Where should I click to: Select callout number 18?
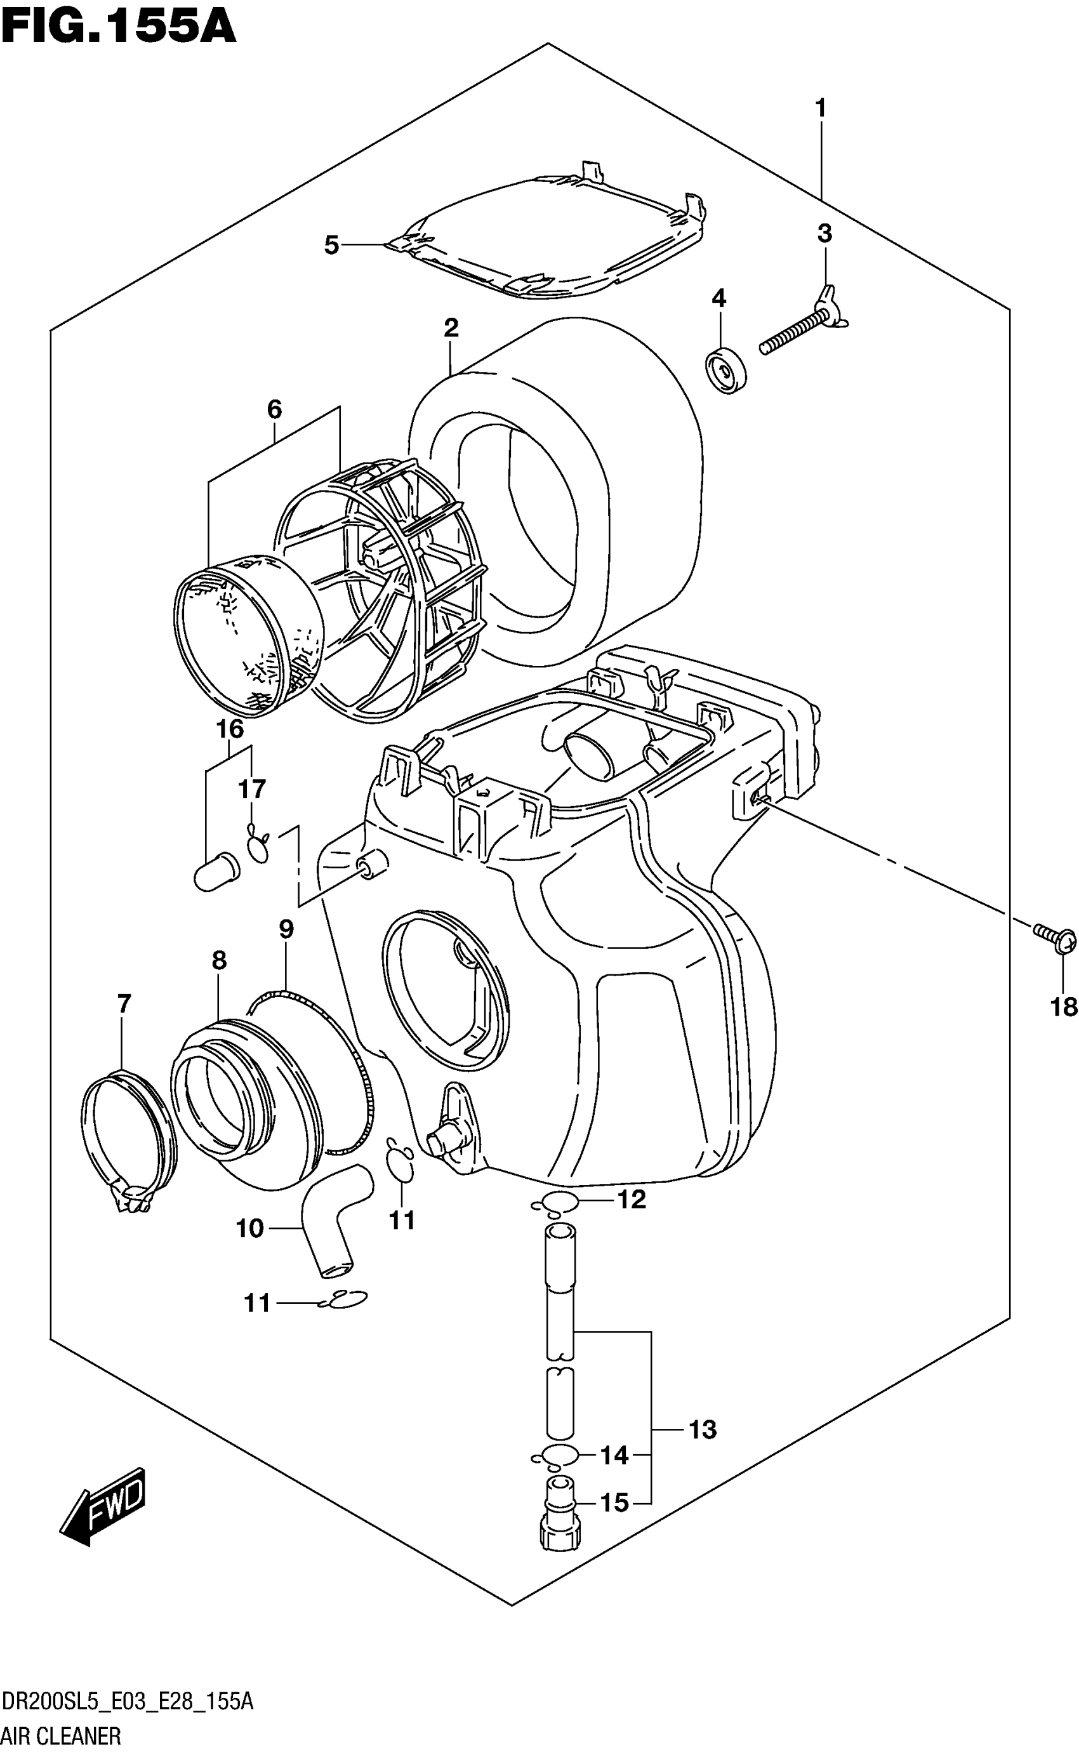[x=1063, y=1007]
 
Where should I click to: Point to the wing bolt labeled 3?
[x=803, y=328]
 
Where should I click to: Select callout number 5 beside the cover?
[x=331, y=246]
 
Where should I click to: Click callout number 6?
[x=274, y=409]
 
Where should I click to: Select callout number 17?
[x=252, y=788]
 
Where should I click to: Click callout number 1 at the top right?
[x=821, y=109]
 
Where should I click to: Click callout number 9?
[x=286, y=929]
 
